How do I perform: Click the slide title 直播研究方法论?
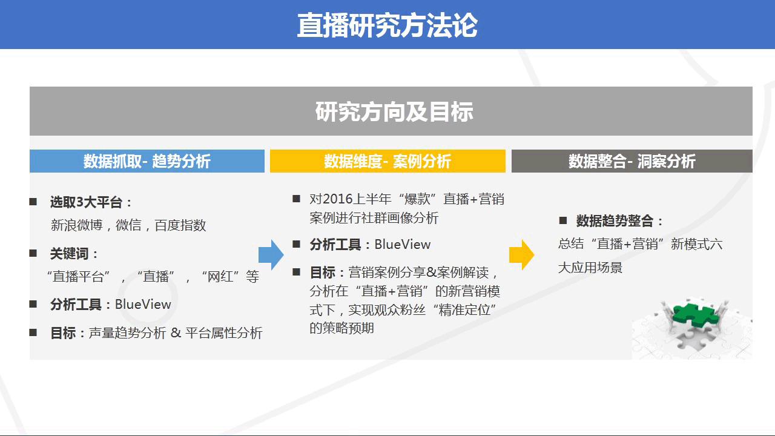(x=387, y=25)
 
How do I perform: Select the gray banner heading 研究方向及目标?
(x=394, y=111)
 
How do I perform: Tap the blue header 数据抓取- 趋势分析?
(x=147, y=161)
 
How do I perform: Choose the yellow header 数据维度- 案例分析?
(x=387, y=161)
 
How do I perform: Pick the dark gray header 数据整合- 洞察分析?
(x=632, y=161)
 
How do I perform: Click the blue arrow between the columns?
(x=271, y=255)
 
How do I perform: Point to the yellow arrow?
(x=522, y=255)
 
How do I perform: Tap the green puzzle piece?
(x=696, y=314)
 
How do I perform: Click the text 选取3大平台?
(x=86, y=202)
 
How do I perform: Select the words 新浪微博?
(x=77, y=225)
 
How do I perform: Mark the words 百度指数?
(x=180, y=225)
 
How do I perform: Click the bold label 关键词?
(x=70, y=254)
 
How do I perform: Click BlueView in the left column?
(x=143, y=305)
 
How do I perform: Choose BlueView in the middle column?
(x=403, y=245)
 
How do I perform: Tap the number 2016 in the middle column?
(x=337, y=199)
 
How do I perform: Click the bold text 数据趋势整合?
(x=615, y=221)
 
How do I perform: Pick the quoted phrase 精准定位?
(x=464, y=309)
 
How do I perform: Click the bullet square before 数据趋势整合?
(x=563, y=220)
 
